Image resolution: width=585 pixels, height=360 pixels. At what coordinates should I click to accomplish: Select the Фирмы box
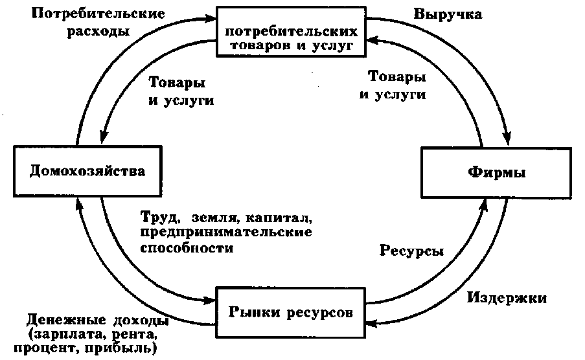click(x=496, y=173)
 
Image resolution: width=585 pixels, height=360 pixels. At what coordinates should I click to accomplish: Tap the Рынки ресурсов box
click(x=291, y=313)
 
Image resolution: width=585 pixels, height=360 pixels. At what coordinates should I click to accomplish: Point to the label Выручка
click(x=448, y=14)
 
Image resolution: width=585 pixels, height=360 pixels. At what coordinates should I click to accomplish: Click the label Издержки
click(x=507, y=298)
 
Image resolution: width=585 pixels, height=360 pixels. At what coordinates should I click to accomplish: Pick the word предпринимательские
click(x=226, y=231)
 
